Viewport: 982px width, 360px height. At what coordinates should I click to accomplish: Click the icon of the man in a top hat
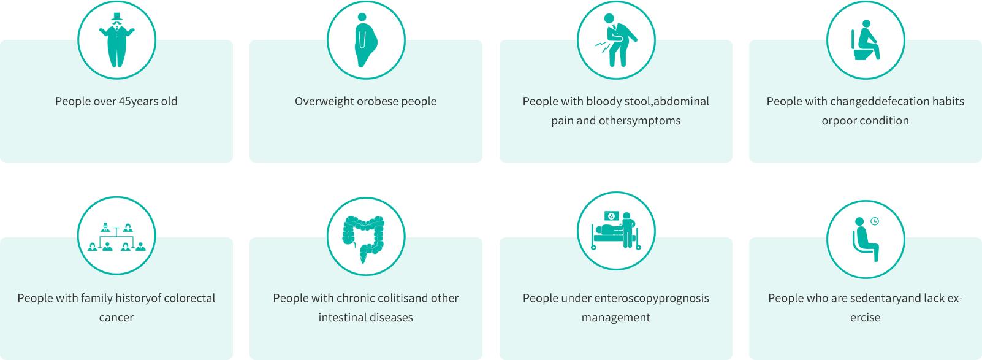pyautogui.click(x=116, y=40)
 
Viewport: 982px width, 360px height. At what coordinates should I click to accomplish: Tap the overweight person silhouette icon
pyautogui.click(x=366, y=40)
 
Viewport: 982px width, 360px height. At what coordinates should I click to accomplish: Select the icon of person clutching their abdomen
pyautogui.click(x=617, y=40)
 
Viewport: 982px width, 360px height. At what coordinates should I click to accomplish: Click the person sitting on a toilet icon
pyautogui.click(x=865, y=40)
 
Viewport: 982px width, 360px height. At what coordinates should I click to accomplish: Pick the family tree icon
pyautogui.click(x=116, y=237)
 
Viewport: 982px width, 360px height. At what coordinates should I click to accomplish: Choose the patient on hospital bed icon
pyautogui.click(x=616, y=231)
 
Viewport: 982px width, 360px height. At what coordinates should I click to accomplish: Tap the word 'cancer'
pyautogui.click(x=116, y=318)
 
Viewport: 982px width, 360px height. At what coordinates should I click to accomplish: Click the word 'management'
pyautogui.click(x=616, y=318)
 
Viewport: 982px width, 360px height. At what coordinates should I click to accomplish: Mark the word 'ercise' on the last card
pyautogui.click(x=865, y=318)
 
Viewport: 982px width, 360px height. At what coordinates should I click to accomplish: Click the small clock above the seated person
pyautogui.click(x=875, y=221)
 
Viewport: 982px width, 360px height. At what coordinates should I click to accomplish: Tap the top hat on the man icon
pyautogui.click(x=116, y=17)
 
